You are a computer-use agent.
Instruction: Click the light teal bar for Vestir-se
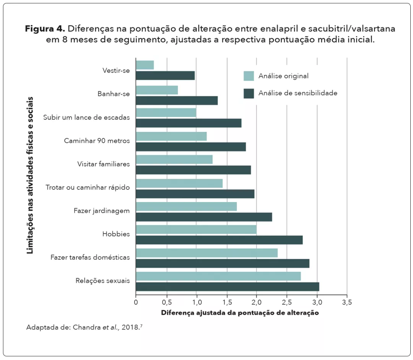tap(145, 65)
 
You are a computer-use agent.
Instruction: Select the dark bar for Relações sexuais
tap(228, 287)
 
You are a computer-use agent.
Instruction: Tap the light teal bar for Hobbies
tap(196, 230)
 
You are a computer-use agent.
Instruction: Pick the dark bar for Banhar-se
tap(177, 101)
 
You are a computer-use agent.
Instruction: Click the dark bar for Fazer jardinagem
tap(204, 217)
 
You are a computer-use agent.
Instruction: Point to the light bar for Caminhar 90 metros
tap(171, 136)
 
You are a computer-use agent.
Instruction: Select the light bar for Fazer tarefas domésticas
tap(206, 253)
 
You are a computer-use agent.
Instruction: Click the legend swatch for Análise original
tap(249, 76)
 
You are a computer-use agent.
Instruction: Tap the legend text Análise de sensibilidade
tap(298, 93)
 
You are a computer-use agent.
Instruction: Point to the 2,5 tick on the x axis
tap(287, 302)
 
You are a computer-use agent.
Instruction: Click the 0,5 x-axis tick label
tap(166, 302)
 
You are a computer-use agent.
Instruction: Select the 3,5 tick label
tap(347, 302)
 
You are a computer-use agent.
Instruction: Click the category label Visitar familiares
tap(103, 164)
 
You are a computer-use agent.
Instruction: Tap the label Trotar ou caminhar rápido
tap(88, 187)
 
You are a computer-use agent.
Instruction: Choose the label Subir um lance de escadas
tap(86, 117)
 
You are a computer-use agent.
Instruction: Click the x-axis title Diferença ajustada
tap(240, 313)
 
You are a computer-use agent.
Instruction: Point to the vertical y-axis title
tap(30, 175)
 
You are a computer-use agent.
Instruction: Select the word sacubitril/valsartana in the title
tap(349, 29)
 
